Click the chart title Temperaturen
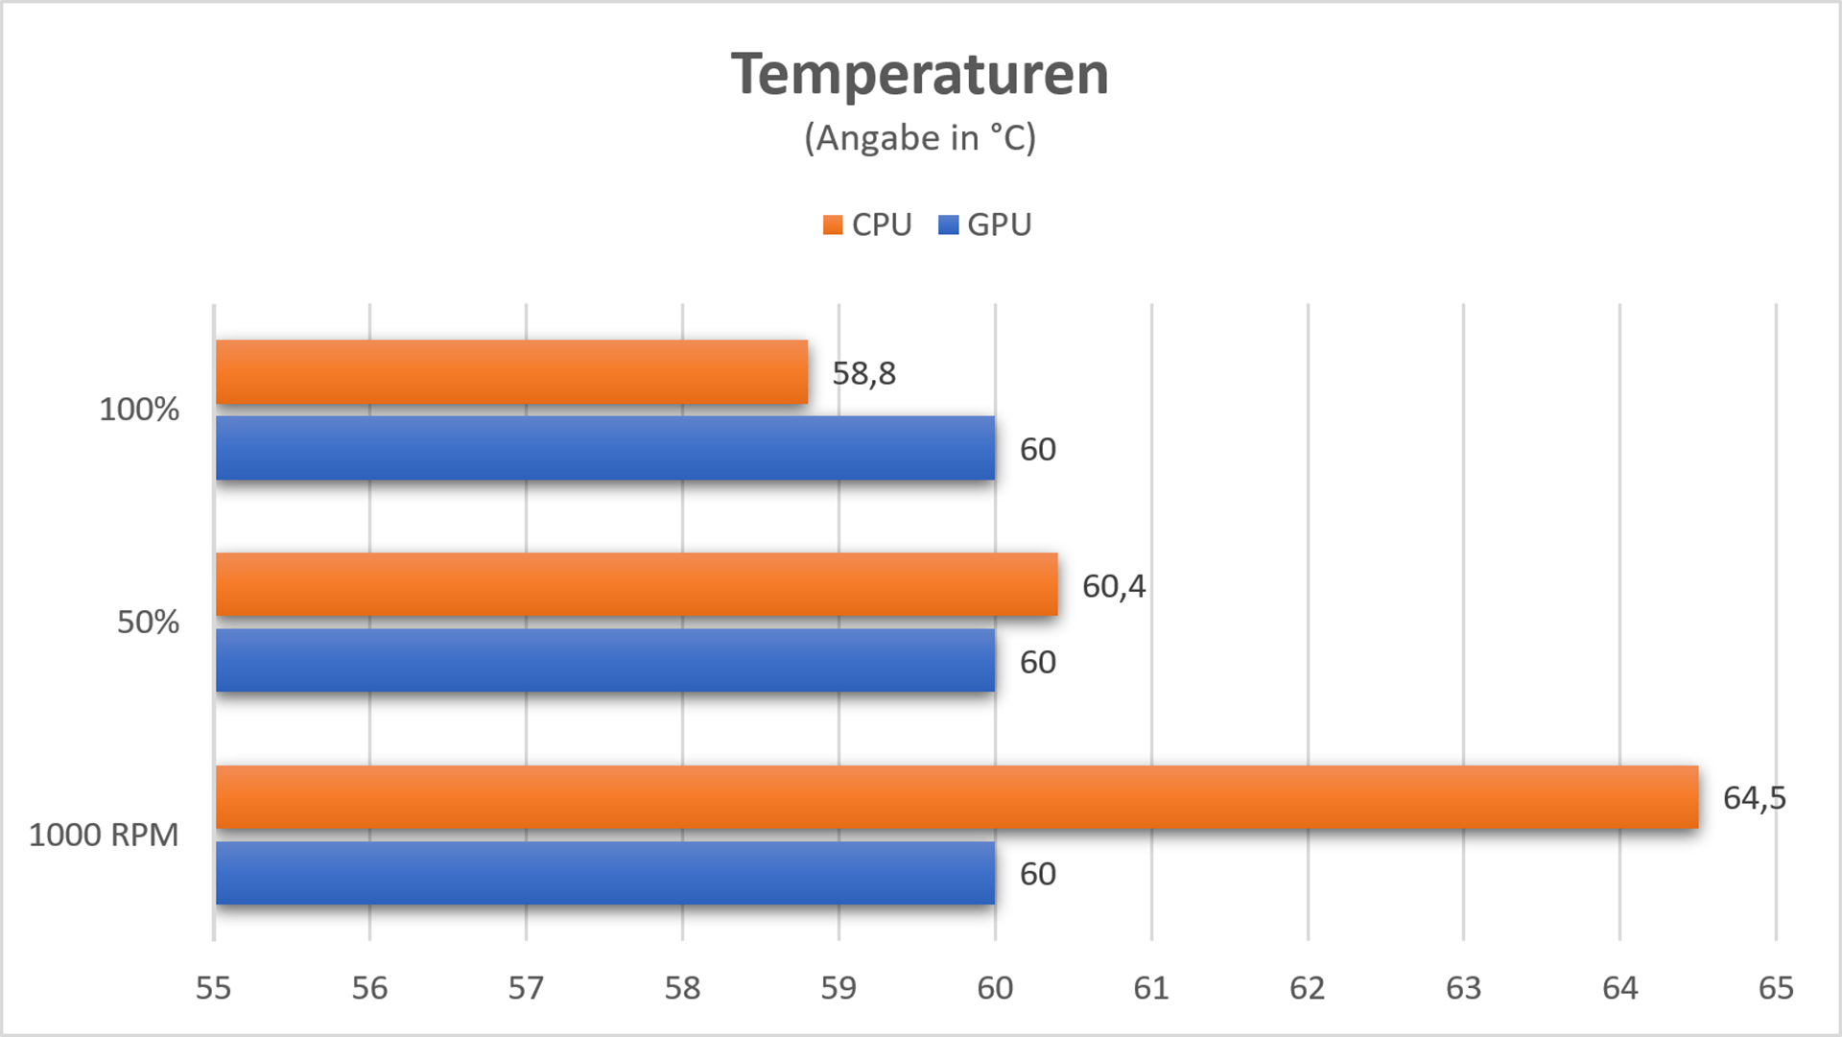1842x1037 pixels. tap(919, 74)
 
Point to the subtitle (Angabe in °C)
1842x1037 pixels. tap(919, 138)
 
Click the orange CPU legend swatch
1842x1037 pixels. tap(833, 225)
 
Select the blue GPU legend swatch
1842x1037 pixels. tap(948, 225)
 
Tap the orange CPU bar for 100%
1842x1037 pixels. tap(511, 372)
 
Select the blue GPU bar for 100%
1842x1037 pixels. tap(605, 448)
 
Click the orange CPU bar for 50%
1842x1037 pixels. tap(636, 584)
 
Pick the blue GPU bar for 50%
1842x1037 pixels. tap(605, 660)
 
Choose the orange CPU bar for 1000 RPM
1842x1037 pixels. tap(956, 797)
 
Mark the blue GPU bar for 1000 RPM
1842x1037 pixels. tap(605, 873)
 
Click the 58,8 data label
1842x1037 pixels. tap(863, 373)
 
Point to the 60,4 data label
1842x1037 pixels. tap(1113, 586)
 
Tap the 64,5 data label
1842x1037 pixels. tap(1754, 798)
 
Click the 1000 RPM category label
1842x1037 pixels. tap(104, 835)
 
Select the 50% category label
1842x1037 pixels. tap(148, 623)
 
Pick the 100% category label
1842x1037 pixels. tap(139, 410)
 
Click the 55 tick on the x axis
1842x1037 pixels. tap(213, 988)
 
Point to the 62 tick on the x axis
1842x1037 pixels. tap(1307, 988)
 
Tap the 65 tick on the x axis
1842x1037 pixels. tap(1776, 988)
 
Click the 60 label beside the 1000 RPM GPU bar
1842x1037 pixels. tap(1037, 874)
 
